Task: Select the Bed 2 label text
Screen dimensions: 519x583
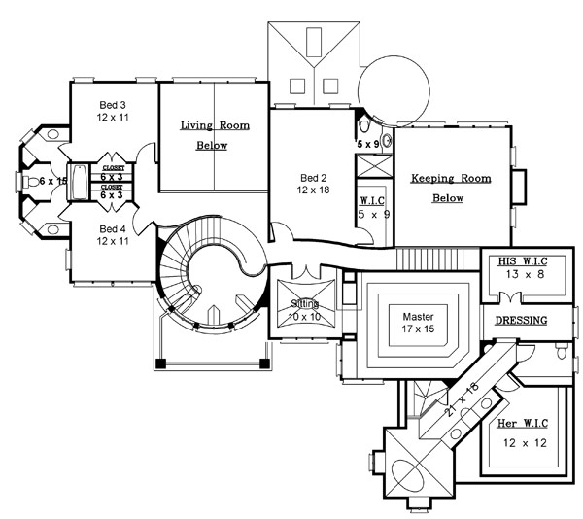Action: (314, 178)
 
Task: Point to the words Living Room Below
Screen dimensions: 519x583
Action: (214, 135)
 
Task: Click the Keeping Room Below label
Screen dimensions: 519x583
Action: (450, 188)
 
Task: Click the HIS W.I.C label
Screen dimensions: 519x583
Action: (520, 262)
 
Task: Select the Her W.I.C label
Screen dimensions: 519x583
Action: (521, 425)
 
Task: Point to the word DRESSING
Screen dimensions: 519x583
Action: (521, 320)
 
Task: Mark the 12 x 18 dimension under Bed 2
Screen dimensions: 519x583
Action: (315, 191)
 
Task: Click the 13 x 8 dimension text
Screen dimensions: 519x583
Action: (520, 275)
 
